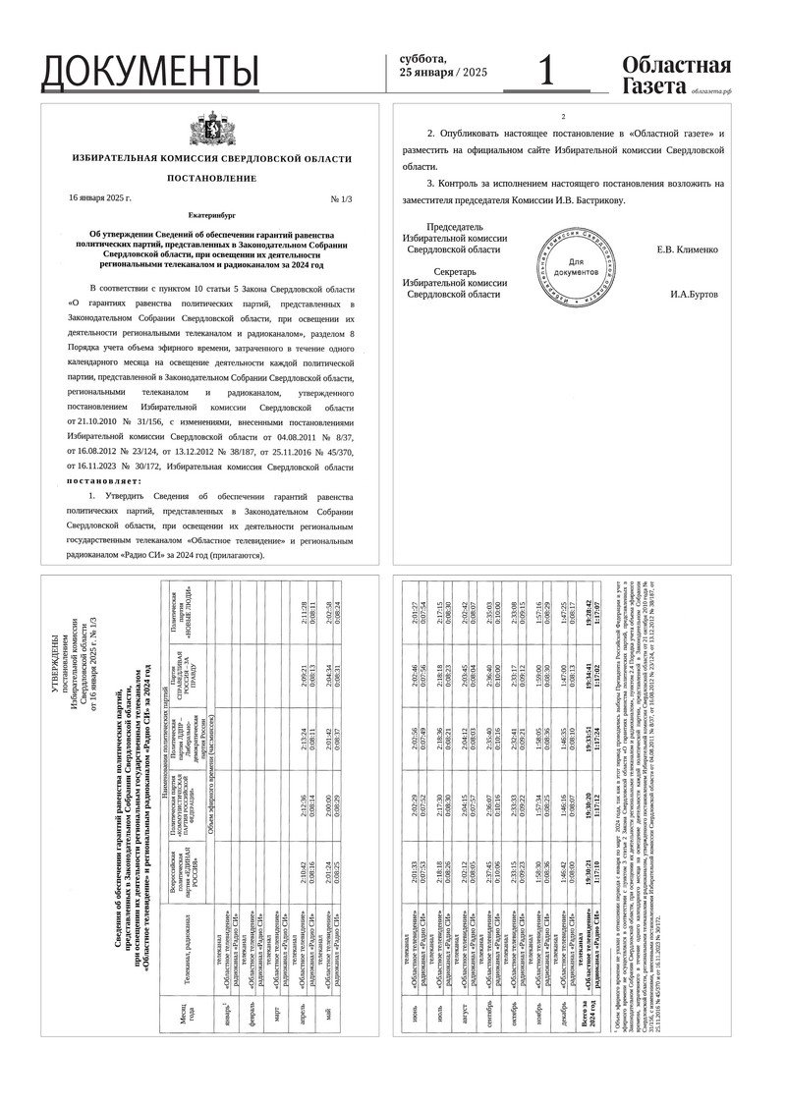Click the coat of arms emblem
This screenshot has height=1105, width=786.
pos(211,135)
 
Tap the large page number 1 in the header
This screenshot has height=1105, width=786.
pos(548,71)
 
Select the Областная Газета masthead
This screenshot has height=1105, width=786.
pos(677,75)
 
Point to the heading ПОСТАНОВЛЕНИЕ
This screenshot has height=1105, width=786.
pos(211,179)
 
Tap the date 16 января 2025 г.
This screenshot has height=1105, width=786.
pos(100,197)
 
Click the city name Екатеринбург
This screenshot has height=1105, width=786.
pos(211,213)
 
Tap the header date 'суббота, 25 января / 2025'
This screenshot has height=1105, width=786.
pos(443,66)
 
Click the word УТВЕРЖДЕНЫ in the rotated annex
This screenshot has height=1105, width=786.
pos(56,670)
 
